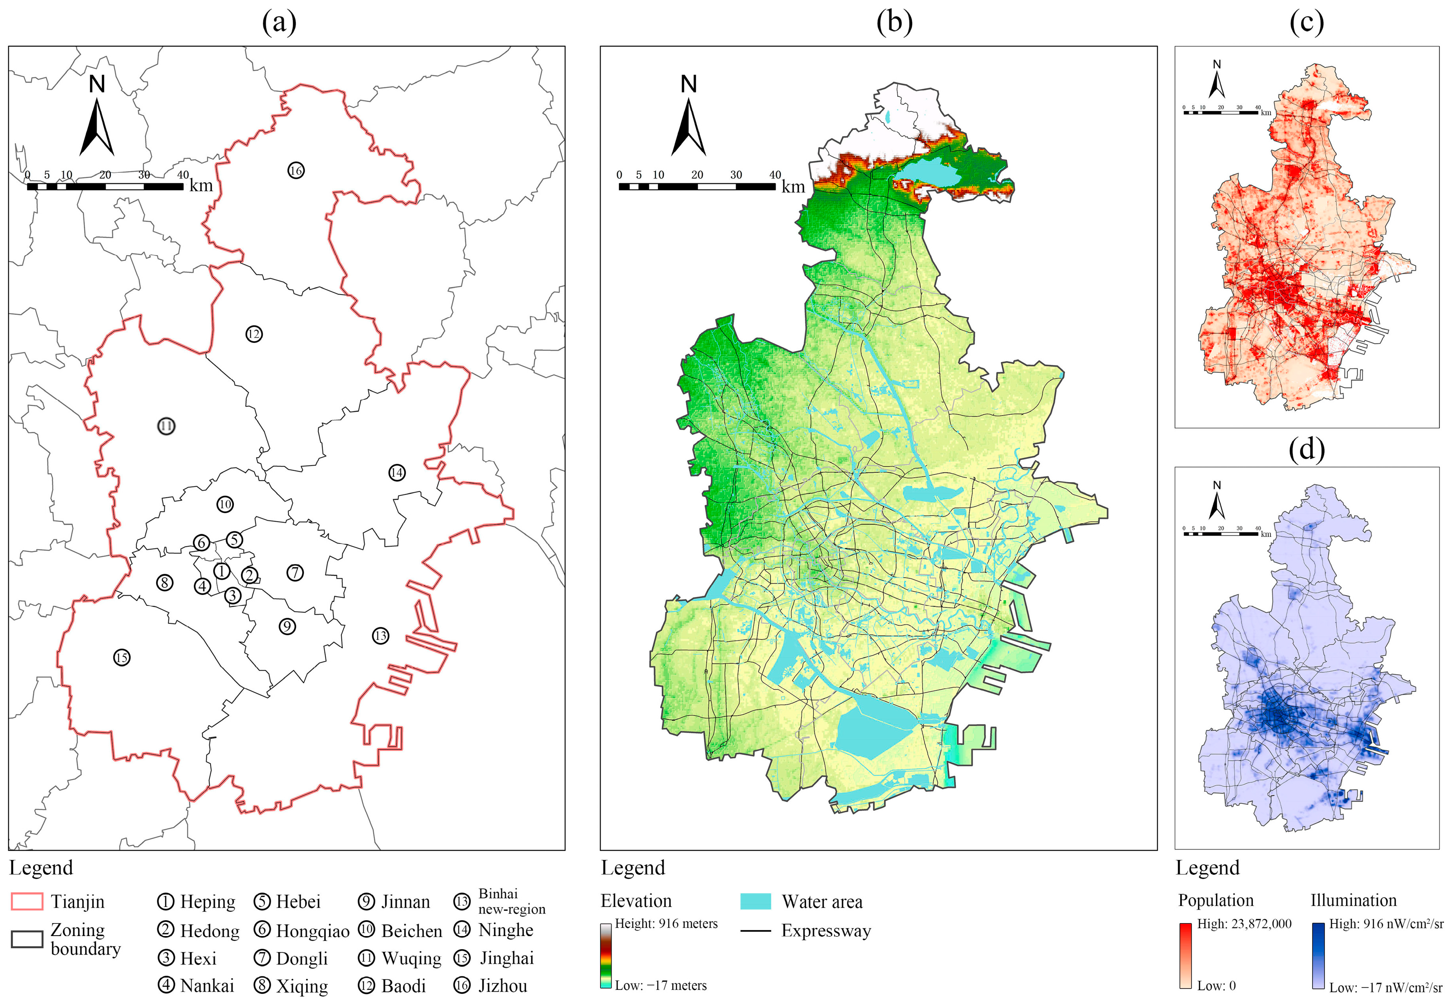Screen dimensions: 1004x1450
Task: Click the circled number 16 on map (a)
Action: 296,170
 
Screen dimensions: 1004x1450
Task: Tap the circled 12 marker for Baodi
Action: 254,334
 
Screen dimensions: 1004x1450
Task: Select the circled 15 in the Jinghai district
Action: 121,657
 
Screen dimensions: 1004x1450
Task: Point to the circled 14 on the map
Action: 397,472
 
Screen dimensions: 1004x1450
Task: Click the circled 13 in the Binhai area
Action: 380,636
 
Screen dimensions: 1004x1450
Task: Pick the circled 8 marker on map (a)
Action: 164,583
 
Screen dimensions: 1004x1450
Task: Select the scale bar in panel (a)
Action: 105,186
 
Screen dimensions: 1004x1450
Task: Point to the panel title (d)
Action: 1307,449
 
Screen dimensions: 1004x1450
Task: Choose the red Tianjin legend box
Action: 27,901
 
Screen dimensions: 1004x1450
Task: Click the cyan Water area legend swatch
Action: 755,901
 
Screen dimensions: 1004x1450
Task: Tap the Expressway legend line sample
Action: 755,931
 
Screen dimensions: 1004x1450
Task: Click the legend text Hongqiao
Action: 312,931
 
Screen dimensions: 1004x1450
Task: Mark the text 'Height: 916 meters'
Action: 666,923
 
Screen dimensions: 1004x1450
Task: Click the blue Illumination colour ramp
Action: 1318,955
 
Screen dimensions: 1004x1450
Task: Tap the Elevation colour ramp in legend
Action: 605,955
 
